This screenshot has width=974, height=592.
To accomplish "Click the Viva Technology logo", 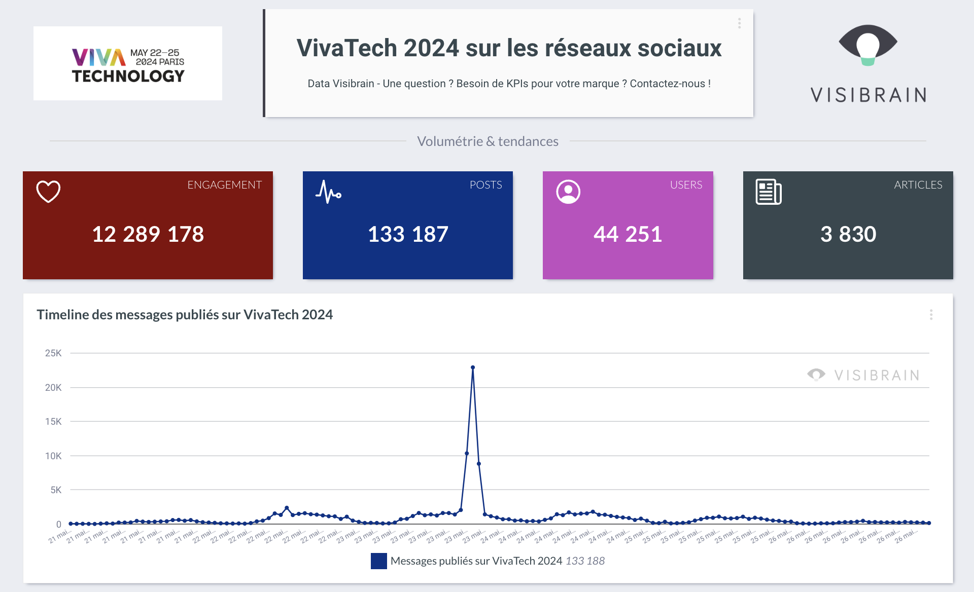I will (128, 64).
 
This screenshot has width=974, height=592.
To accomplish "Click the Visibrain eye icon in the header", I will (868, 45).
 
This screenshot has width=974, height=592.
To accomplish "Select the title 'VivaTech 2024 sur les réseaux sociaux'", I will (509, 49).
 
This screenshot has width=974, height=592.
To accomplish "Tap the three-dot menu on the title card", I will (739, 23).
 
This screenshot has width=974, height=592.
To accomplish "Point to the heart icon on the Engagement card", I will (49, 192).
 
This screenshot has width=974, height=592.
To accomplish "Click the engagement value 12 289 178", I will (148, 234).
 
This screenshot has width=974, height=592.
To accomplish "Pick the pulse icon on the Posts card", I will (328, 192).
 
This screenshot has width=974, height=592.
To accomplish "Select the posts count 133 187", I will (408, 234).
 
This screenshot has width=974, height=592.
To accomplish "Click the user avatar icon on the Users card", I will (568, 192).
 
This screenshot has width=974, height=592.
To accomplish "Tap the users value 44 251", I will (628, 234).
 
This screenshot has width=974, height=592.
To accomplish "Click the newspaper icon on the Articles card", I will (769, 192).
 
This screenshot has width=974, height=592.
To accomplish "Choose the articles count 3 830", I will (848, 234).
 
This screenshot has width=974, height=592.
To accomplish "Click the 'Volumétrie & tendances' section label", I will (488, 141).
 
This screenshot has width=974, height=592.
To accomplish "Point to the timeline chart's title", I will (185, 315).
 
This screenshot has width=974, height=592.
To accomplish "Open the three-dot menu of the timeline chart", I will (931, 315).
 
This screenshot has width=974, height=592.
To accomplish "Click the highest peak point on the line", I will (473, 367).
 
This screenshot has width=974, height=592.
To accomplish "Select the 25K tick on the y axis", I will (53, 353).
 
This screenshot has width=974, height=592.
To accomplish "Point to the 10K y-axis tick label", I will (53, 456).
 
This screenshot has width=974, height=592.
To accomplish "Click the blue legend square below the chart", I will (379, 561).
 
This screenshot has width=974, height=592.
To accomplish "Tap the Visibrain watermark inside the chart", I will (863, 375).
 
